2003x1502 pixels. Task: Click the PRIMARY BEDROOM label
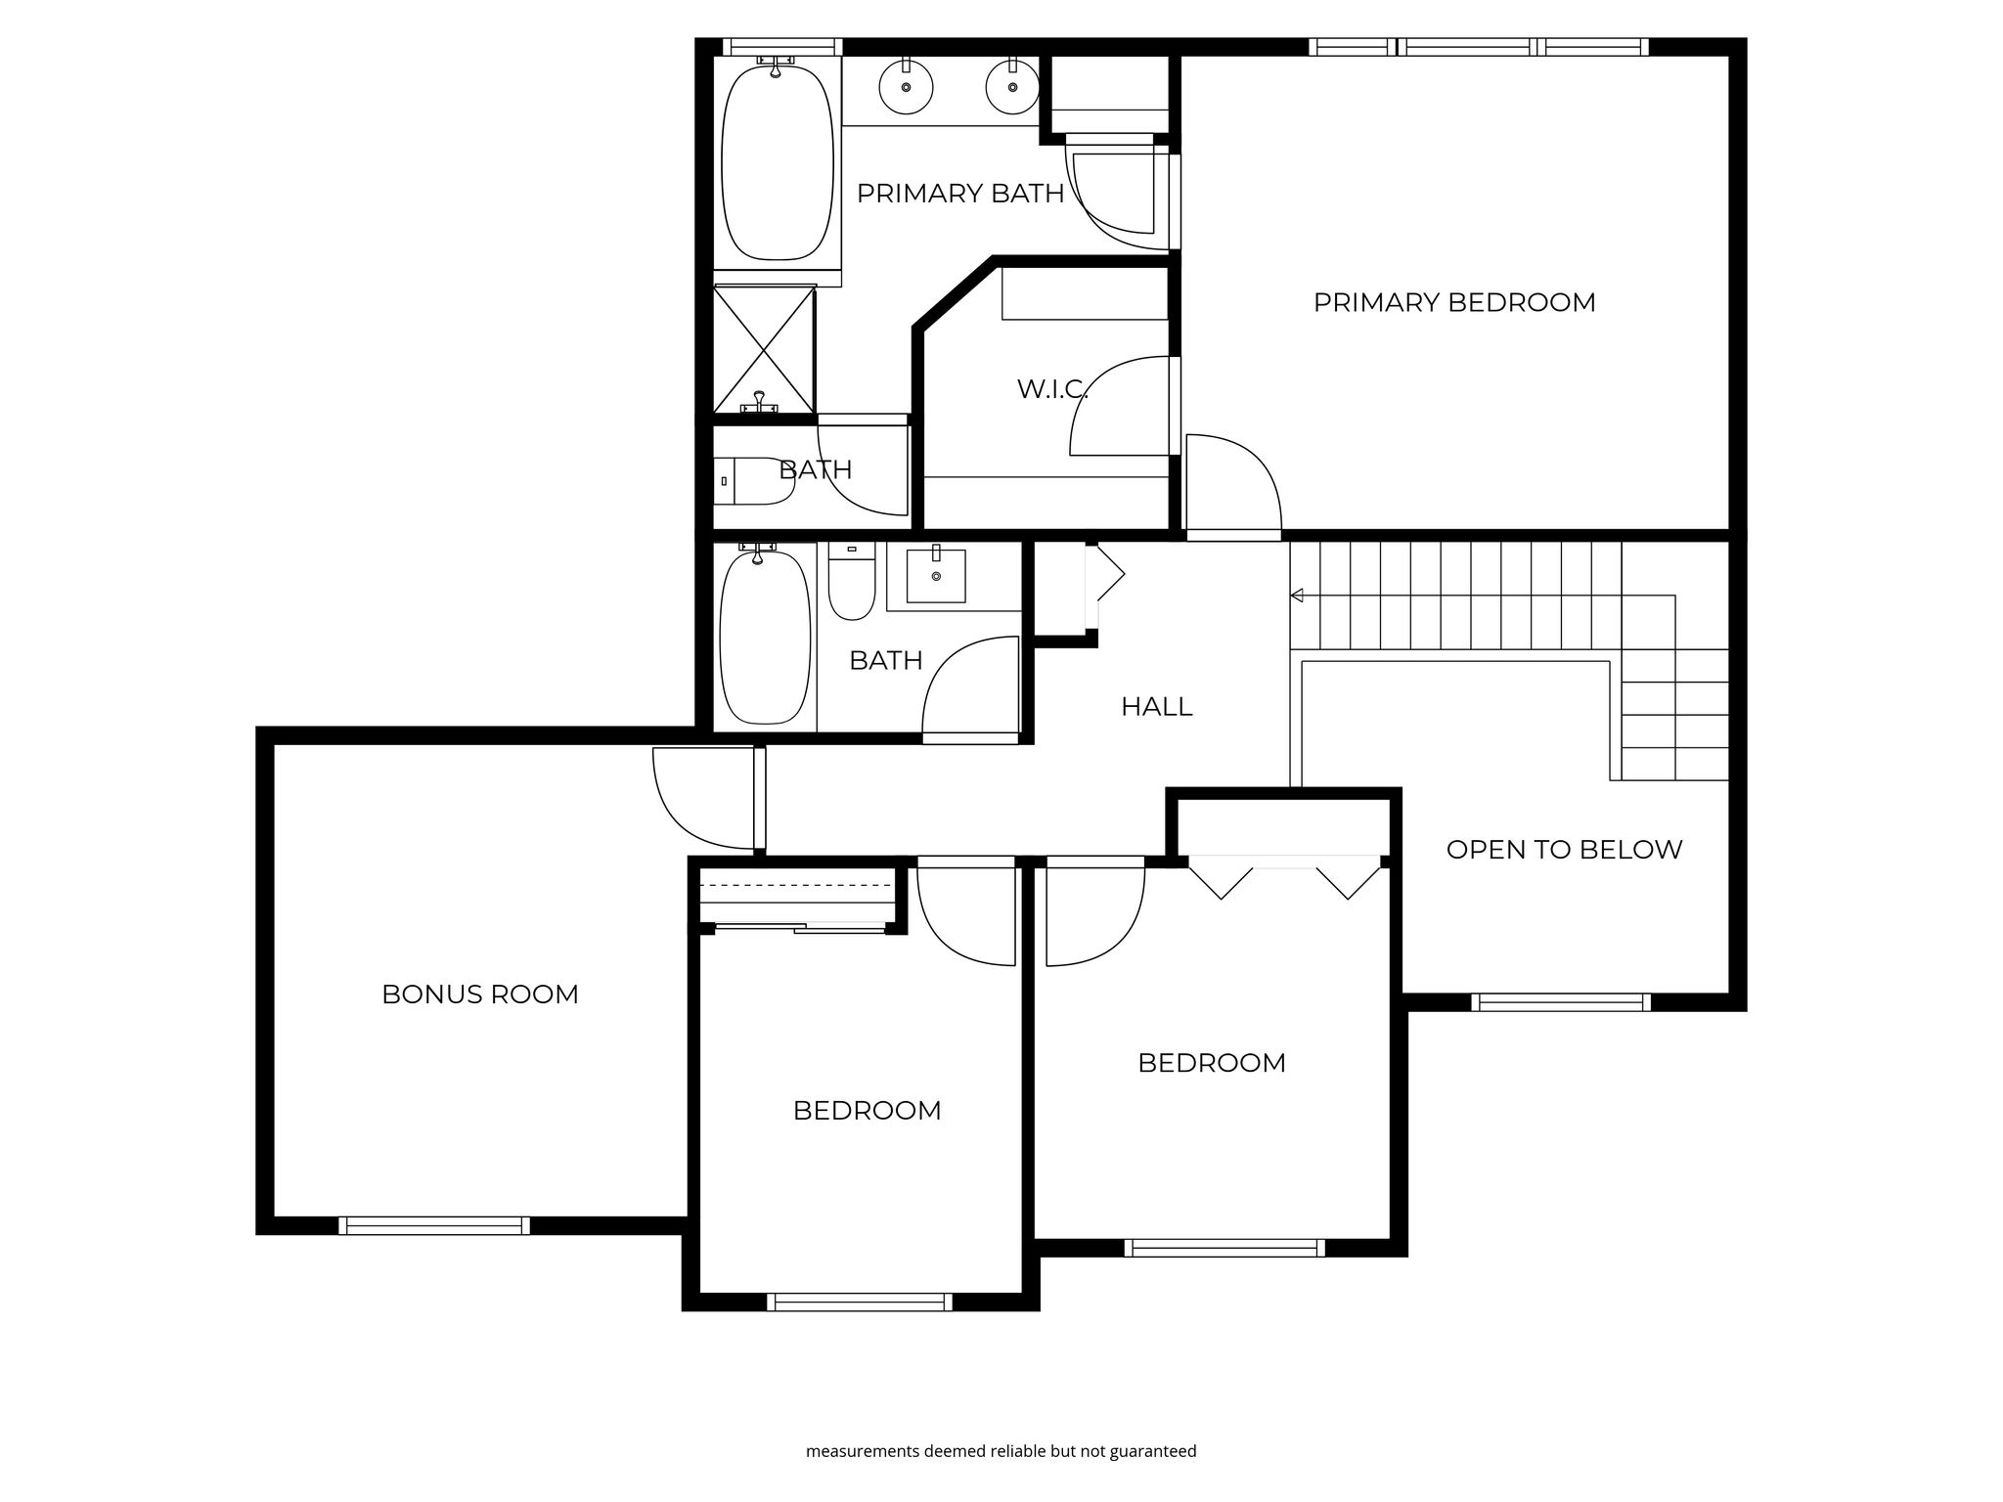click(x=1454, y=302)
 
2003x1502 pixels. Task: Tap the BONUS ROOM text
click(x=480, y=994)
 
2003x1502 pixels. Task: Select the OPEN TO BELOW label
click(x=1564, y=850)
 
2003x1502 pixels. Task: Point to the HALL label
click(x=1157, y=707)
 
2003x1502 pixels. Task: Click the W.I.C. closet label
click(x=1052, y=389)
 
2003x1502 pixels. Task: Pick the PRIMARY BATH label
click(x=960, y=194)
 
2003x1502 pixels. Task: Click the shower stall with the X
click(x=764, y=349)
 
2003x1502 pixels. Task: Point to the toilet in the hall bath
click(x=852, y=583)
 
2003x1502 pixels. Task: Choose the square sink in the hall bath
click(x=936, y=576)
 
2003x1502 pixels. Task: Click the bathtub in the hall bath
click(x=765, y=638)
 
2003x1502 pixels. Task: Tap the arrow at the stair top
click(x=1298, y=595)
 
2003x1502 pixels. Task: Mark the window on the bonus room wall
click(x=434, y=1225)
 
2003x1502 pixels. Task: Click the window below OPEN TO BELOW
click(x=1561, y=1002)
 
